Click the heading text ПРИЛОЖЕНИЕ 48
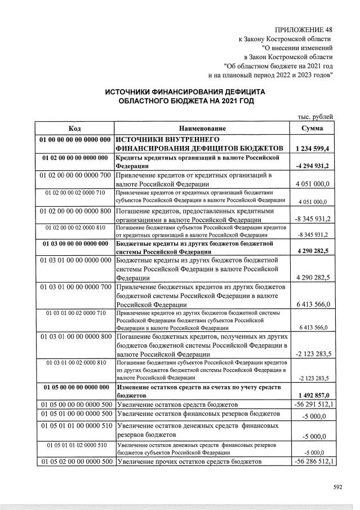304,29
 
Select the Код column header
74,128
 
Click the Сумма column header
312,128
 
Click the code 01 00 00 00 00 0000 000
74,139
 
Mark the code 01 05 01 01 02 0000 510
75,445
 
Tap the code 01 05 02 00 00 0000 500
74,462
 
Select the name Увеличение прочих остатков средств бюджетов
190,462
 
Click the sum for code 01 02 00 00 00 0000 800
313,219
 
